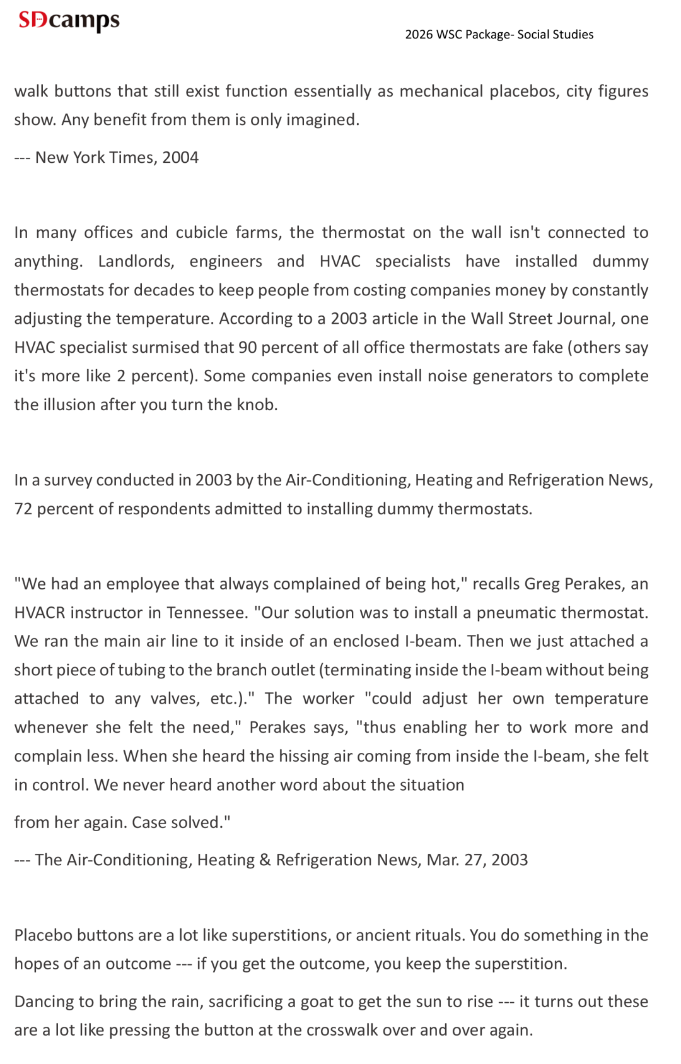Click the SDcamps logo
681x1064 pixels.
[x=69, y=20]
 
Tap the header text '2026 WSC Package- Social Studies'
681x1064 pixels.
[x=499, y=34]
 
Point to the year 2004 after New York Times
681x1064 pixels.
[x=180, y=157]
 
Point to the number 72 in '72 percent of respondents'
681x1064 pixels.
[x=23, y=509]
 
